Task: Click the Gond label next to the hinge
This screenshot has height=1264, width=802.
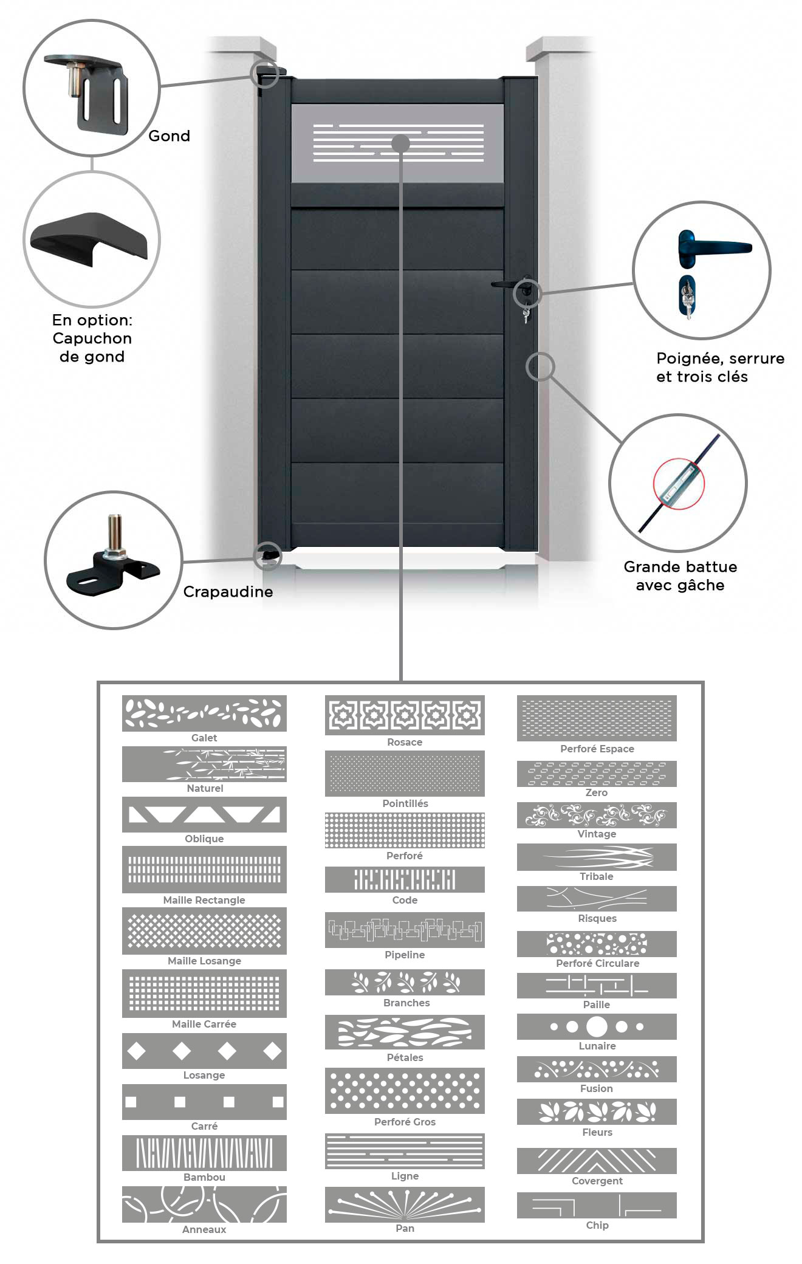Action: [169, 136]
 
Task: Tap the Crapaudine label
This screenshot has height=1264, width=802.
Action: [228, 592]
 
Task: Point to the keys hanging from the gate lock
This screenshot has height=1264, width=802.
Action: [526, 314]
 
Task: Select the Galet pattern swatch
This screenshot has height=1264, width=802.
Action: [204, 713]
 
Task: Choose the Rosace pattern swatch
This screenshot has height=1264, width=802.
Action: [405, 715]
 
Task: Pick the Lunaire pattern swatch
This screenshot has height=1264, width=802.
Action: [597, 1027]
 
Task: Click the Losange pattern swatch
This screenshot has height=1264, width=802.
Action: [204, 1051]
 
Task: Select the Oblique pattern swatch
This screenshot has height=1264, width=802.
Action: [204, 815]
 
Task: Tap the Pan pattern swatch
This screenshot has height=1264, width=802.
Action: [405, 1205]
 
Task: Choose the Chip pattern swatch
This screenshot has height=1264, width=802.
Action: [597, 1206]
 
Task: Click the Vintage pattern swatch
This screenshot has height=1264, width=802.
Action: [597, 816]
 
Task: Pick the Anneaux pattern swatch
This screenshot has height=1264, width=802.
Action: [204, 1204]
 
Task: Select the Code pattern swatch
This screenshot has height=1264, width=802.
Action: [405, 880]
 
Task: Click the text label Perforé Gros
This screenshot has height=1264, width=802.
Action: [405, 1122]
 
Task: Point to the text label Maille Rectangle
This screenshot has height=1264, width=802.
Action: [204, 900]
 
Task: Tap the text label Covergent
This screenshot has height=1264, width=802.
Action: [597, 1181]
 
